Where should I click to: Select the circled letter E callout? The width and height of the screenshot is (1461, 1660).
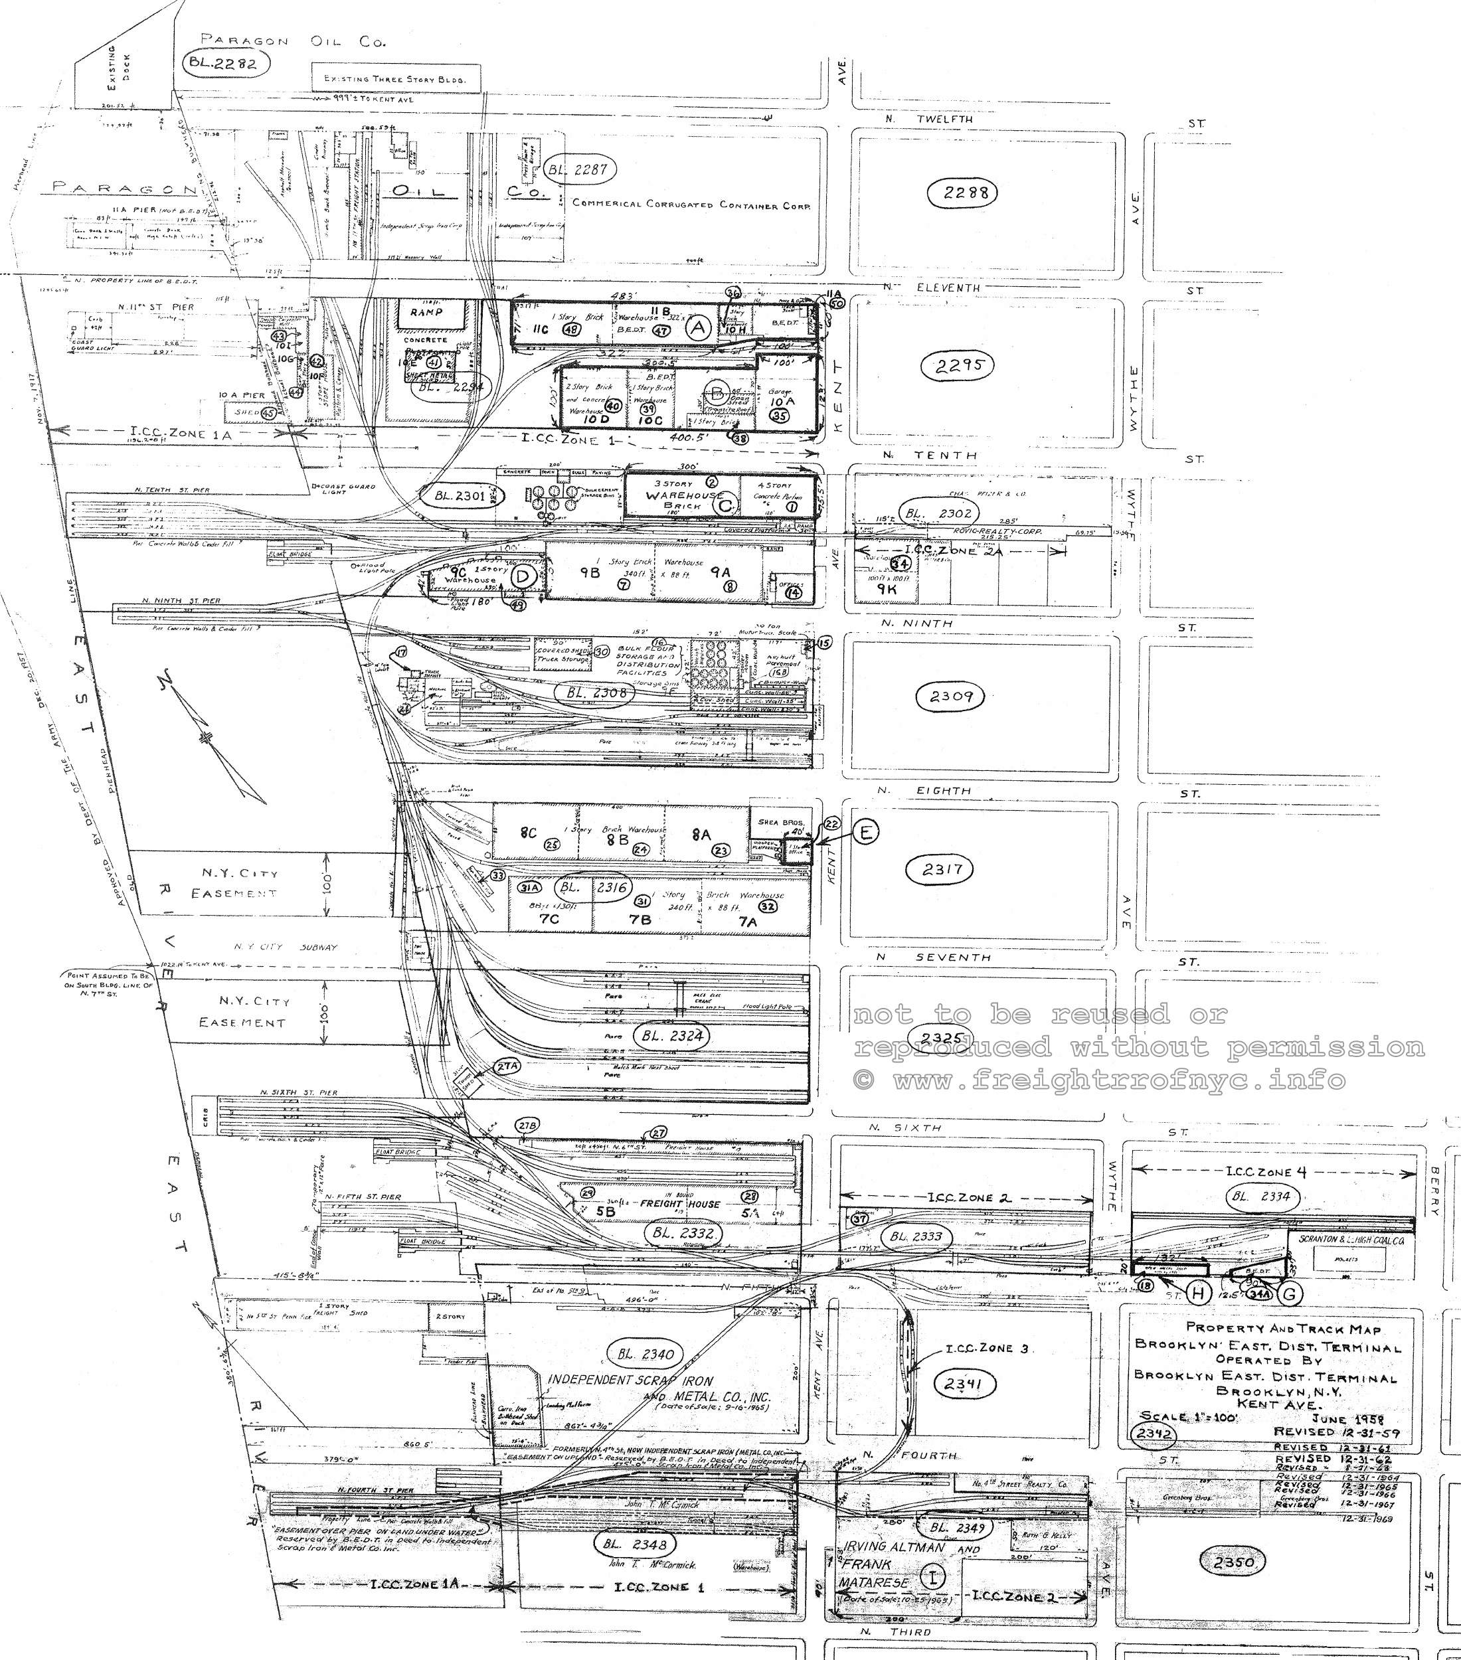[x=866, y=833]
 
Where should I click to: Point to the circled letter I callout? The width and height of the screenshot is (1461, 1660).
[x=933, y=1577]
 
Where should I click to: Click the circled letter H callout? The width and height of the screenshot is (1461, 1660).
[x=1198, y=1293]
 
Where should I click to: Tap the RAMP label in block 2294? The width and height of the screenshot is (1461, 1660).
[x=426, y=312]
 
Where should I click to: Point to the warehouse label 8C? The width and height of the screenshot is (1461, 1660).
[x=529, y=833]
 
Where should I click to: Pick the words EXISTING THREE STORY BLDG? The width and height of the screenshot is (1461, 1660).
[x=394, y=79]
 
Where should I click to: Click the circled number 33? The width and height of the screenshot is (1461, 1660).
[x=498, y=875]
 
